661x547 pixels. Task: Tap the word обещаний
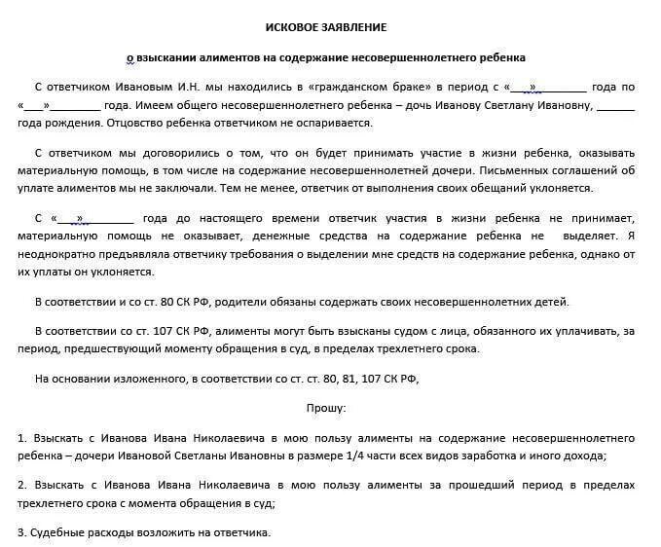click(x=517, y=188)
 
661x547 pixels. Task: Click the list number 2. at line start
click(x=22, y=484)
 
